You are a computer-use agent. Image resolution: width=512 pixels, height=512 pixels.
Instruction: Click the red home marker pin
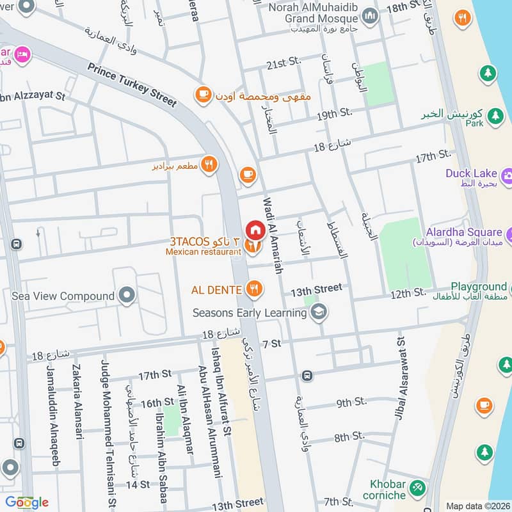255,229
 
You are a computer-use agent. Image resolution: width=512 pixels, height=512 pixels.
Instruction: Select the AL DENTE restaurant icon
254,289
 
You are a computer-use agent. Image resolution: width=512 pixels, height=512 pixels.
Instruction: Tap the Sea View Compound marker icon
127,296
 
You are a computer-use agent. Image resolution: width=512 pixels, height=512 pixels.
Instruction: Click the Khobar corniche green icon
417,488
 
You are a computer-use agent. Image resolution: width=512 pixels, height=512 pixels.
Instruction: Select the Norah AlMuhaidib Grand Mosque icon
369,14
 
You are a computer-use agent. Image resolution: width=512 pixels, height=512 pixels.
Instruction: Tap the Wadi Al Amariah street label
271,235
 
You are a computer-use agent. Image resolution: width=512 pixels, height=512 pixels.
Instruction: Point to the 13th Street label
316,289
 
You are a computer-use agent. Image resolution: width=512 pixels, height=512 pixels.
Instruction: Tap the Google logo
26,502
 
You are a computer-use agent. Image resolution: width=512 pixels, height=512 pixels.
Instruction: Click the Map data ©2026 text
477,506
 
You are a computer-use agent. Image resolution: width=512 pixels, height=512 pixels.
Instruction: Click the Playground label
478,287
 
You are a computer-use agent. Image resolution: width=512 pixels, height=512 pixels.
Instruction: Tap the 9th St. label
351,403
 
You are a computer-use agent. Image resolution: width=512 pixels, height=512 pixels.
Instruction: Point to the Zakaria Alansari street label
79,402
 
